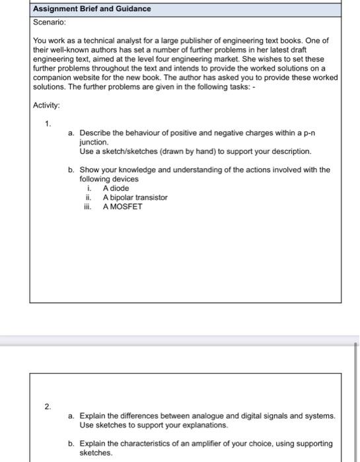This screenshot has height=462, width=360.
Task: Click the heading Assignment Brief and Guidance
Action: pyautogui.click(x=92, y=9)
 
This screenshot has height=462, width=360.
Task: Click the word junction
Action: pyautogui.click(x=93, y=142)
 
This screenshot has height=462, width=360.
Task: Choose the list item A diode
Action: pyautogui.click(x=116, y=188)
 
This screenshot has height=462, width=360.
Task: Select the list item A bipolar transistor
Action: pyautogui.click(x=135, y=197)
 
